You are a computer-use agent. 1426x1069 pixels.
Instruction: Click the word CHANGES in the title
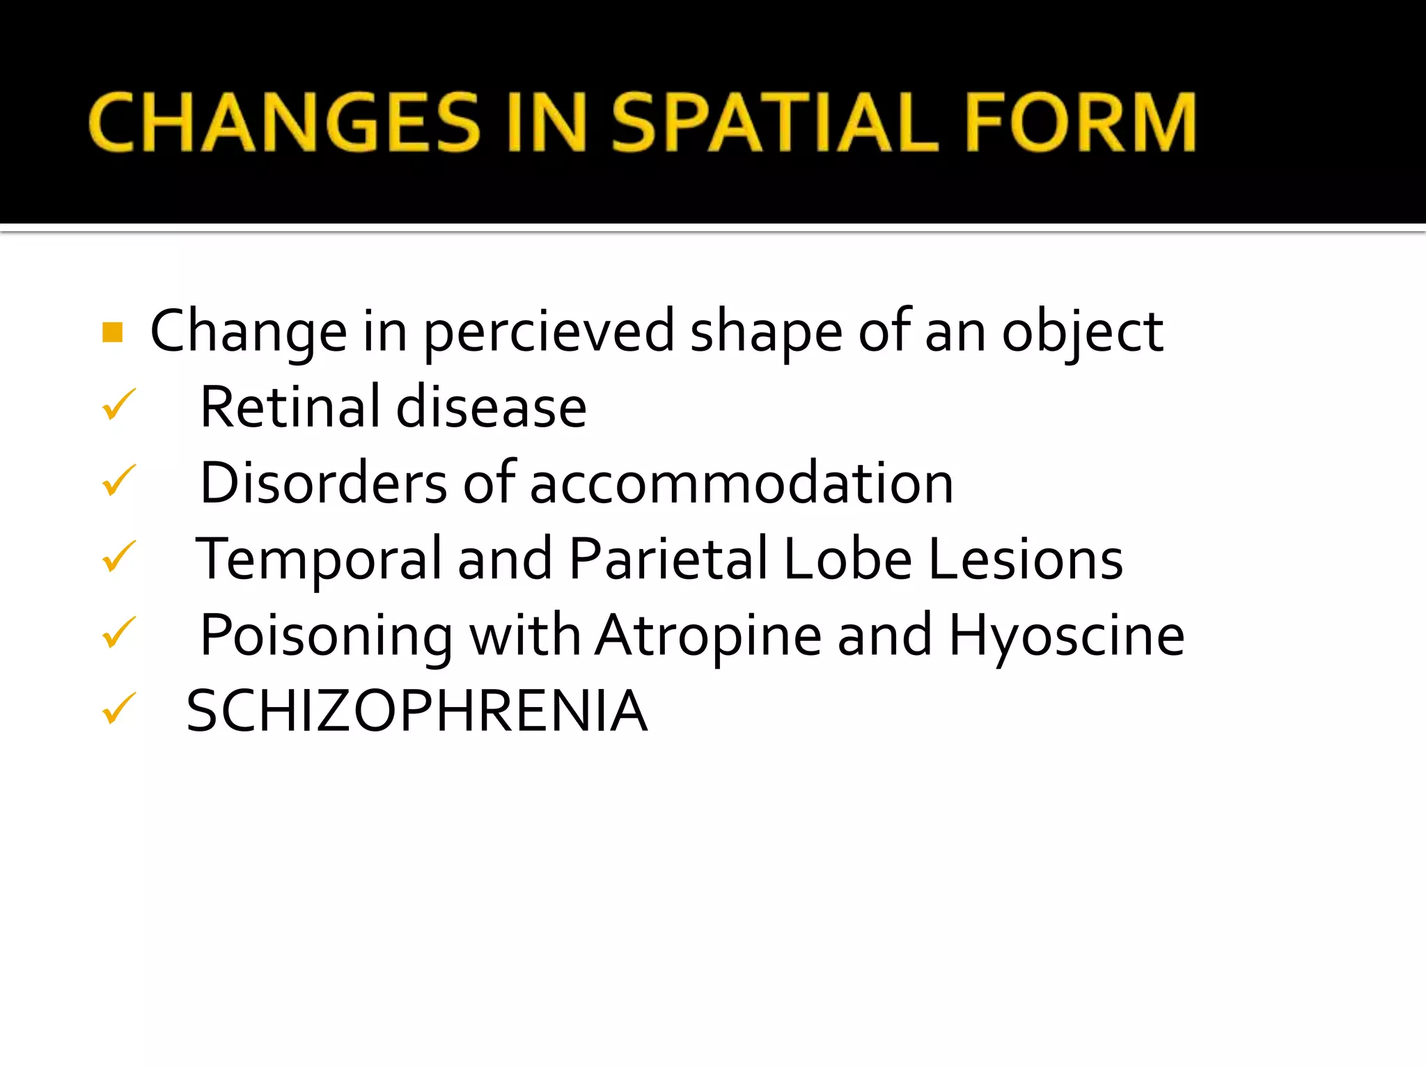coord(284,122)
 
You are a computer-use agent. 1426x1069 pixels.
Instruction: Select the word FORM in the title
coord(1081,122)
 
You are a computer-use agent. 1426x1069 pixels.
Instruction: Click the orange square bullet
coord(113,333)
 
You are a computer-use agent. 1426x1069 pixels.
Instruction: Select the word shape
coord(766,333)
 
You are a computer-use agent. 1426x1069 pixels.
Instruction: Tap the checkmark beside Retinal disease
coord(118,405)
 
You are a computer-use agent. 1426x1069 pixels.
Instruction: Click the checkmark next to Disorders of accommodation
coord(118,481)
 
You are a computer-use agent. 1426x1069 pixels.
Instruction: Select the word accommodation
coord(742,484)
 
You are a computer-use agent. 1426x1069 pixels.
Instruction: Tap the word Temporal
coord(319,560)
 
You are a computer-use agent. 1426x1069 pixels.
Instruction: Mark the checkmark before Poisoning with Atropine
coord(118,633)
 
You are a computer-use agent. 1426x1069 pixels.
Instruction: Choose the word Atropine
coord(708,636)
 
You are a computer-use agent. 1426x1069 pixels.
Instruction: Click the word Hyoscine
coord(1066,636)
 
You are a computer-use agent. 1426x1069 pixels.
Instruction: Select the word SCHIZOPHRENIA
coord(417,711)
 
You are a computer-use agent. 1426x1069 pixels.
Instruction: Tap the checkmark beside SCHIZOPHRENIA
coord(118,709)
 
